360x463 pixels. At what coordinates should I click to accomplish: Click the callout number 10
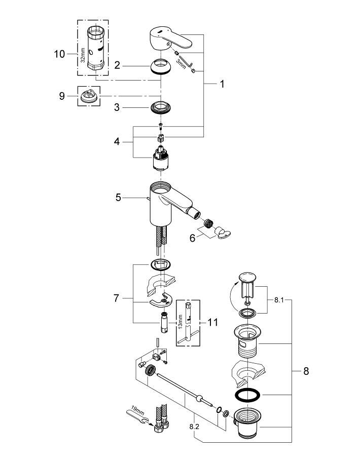59,53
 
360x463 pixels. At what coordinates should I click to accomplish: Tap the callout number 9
62,95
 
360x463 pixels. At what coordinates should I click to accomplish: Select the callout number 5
118,197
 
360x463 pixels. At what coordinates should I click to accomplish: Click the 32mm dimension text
81,53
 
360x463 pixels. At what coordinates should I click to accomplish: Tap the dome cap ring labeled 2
161,67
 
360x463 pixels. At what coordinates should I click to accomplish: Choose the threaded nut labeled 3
161,107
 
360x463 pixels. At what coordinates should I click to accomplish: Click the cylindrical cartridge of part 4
161,160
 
